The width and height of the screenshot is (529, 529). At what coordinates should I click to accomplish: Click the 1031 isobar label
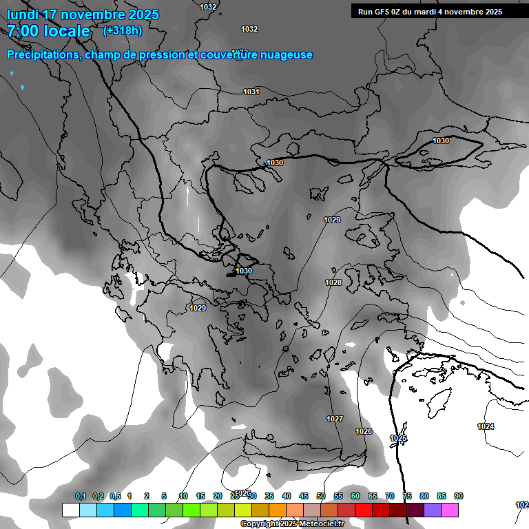[x=251, y=92]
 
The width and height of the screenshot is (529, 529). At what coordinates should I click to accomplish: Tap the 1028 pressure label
[x=333, y=282]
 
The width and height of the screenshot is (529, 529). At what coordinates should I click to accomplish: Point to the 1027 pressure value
[x=335, y=419]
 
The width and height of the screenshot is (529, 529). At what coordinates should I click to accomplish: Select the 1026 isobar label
[x=364, y=431]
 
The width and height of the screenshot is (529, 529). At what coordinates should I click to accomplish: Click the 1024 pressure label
[x=486, y=426]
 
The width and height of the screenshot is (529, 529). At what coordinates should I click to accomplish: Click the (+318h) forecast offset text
[x=123, y=30]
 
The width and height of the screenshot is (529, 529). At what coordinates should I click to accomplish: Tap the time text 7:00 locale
[x=48, y=31]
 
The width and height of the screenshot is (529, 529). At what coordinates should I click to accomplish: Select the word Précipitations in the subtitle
[x=43, y=55]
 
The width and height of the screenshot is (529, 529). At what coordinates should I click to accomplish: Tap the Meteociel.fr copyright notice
[x=291, y=523]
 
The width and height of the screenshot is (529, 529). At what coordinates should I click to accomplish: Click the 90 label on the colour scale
[x=458, y=496]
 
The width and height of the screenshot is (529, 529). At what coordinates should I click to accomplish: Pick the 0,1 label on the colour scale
[x=81, y=496]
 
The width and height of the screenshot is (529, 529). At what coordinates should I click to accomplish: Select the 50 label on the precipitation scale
[x=321, y=496]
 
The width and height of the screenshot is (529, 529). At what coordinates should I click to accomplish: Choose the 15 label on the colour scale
[x=200, y=496]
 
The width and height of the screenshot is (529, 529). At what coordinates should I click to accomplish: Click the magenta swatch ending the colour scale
[x=450, y=510]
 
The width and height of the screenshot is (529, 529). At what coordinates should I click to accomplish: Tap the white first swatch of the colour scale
[x=70, y=510]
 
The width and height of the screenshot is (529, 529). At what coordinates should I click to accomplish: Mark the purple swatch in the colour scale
[x=433, y=510]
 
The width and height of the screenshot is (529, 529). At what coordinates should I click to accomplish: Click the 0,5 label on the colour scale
[x=115, y=496]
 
